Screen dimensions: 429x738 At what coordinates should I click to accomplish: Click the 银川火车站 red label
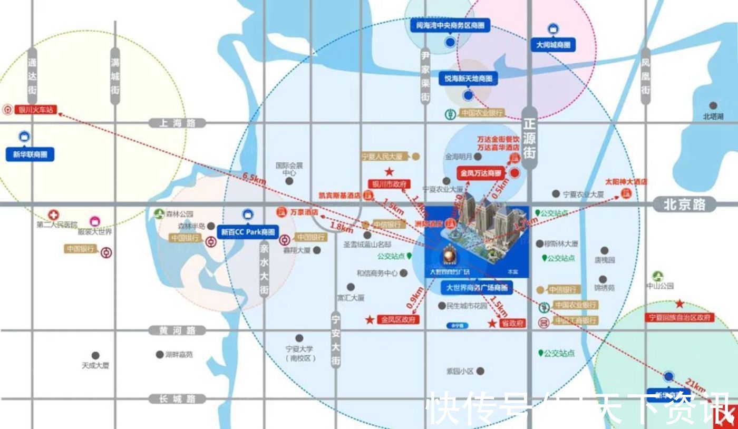(35, 110)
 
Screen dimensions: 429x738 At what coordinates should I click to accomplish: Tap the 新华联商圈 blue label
(30, 155)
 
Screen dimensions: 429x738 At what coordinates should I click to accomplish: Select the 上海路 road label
(177, 123)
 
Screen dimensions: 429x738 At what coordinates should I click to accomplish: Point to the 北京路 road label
(684, 204)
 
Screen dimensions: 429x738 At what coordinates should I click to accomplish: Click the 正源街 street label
(529, 139)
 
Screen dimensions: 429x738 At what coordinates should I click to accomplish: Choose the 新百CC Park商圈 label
(248, 231)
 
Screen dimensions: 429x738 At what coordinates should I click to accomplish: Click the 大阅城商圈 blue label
(553, 45)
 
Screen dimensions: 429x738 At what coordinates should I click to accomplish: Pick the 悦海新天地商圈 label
(468, 79)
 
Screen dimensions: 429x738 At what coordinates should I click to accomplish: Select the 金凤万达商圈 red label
(480, 172)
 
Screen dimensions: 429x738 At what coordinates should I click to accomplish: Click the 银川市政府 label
(390, 184)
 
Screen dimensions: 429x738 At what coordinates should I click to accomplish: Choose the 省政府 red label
(512, 324)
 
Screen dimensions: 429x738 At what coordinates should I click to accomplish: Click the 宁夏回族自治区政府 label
(680, 318)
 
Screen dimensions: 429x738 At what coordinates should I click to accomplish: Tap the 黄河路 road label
(177, 330)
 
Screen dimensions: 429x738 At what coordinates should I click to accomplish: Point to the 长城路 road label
(177, 399)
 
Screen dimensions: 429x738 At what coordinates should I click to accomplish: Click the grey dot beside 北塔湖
(713, 105)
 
